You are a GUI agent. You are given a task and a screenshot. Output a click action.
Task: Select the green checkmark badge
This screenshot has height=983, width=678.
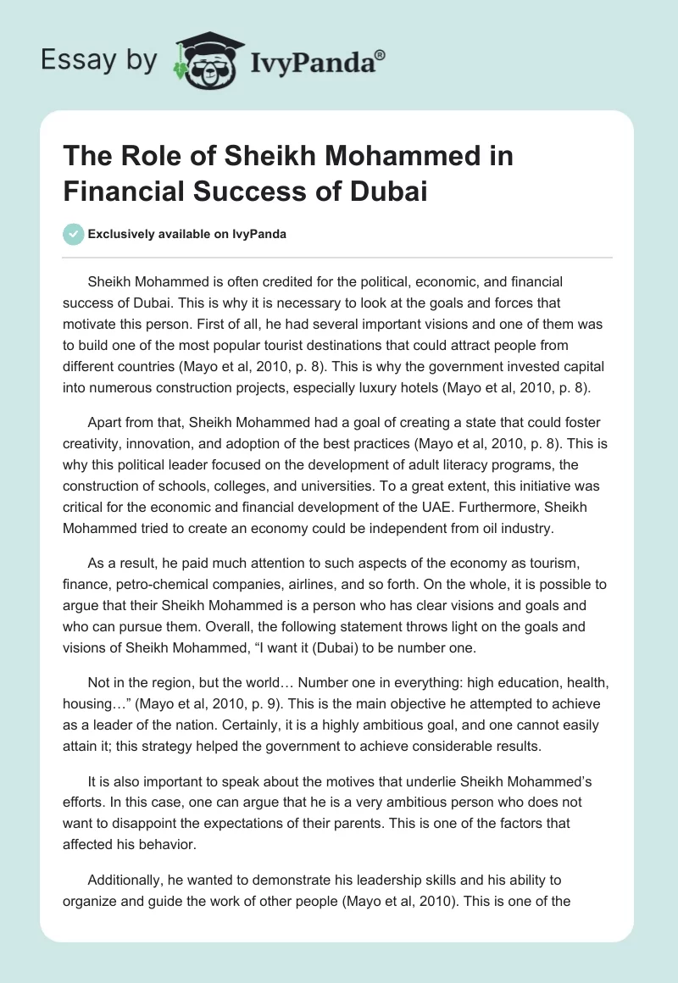73,234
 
